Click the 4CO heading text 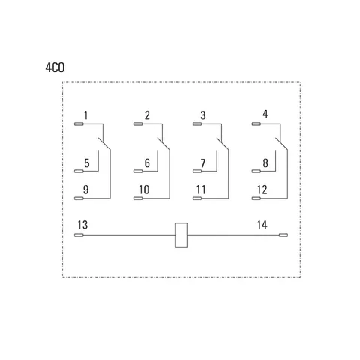coord(55,67)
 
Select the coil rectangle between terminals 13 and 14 coord(181,235)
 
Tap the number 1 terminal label coord(85,115)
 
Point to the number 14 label coord(262,225)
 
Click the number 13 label coord(82,225)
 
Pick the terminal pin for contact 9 coord(79,199)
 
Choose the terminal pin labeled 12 coord(256,199)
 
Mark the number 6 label coord(147,163)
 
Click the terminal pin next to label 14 coord(283,235)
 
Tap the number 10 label coord(144,190)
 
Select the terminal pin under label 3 coord(197,124)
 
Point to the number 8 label coord(265,163)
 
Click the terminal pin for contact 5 coord(79,171)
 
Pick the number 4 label coord(265,114)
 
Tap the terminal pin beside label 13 coord(79,235)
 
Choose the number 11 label coord(201,190)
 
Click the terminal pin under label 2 coord(138,124)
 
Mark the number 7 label coord(203,163)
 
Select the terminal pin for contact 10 coord(138,199)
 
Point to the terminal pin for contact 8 coord(256,171)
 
